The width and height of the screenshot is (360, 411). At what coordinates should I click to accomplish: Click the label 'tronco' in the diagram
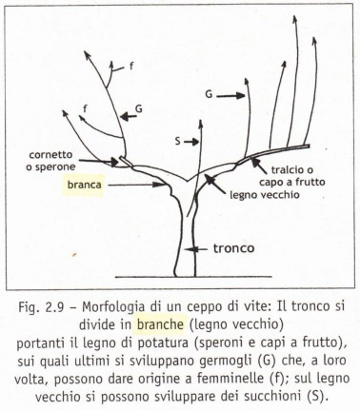pyautogui.click(x=233, y=248)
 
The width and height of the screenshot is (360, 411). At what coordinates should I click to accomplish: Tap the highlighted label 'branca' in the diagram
pyautogui.click(x=84, y=185)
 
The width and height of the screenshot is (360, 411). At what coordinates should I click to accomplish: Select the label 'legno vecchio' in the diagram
pyautogui.click(x=265, y=194)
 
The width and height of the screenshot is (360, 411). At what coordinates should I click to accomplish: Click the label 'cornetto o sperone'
pyautogui.click(x=50, y=161)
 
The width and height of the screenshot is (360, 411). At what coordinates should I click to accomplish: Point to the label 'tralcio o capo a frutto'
pyautogui.click(x=292, y=176)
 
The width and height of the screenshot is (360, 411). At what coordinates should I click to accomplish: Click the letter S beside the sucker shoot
pyautogui.click(x=178, y=141)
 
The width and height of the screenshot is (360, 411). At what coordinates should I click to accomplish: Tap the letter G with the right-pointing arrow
pyautogui.click(x=209, y=94)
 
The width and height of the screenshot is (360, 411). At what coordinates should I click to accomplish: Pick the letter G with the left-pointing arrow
pyautogui.click(x=139, y=109)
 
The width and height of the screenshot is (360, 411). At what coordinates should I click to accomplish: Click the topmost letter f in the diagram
pyautogui.click(x=131, y=66)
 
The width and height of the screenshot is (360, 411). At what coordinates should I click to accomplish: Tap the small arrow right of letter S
pyautogui.click(x=191, y=143)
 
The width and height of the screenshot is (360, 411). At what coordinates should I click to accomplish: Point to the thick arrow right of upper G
pyautogui.click(x=231, y=95)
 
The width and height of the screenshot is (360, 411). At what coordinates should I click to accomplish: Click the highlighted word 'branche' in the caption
pyautogui.click(x=160, y=324)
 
